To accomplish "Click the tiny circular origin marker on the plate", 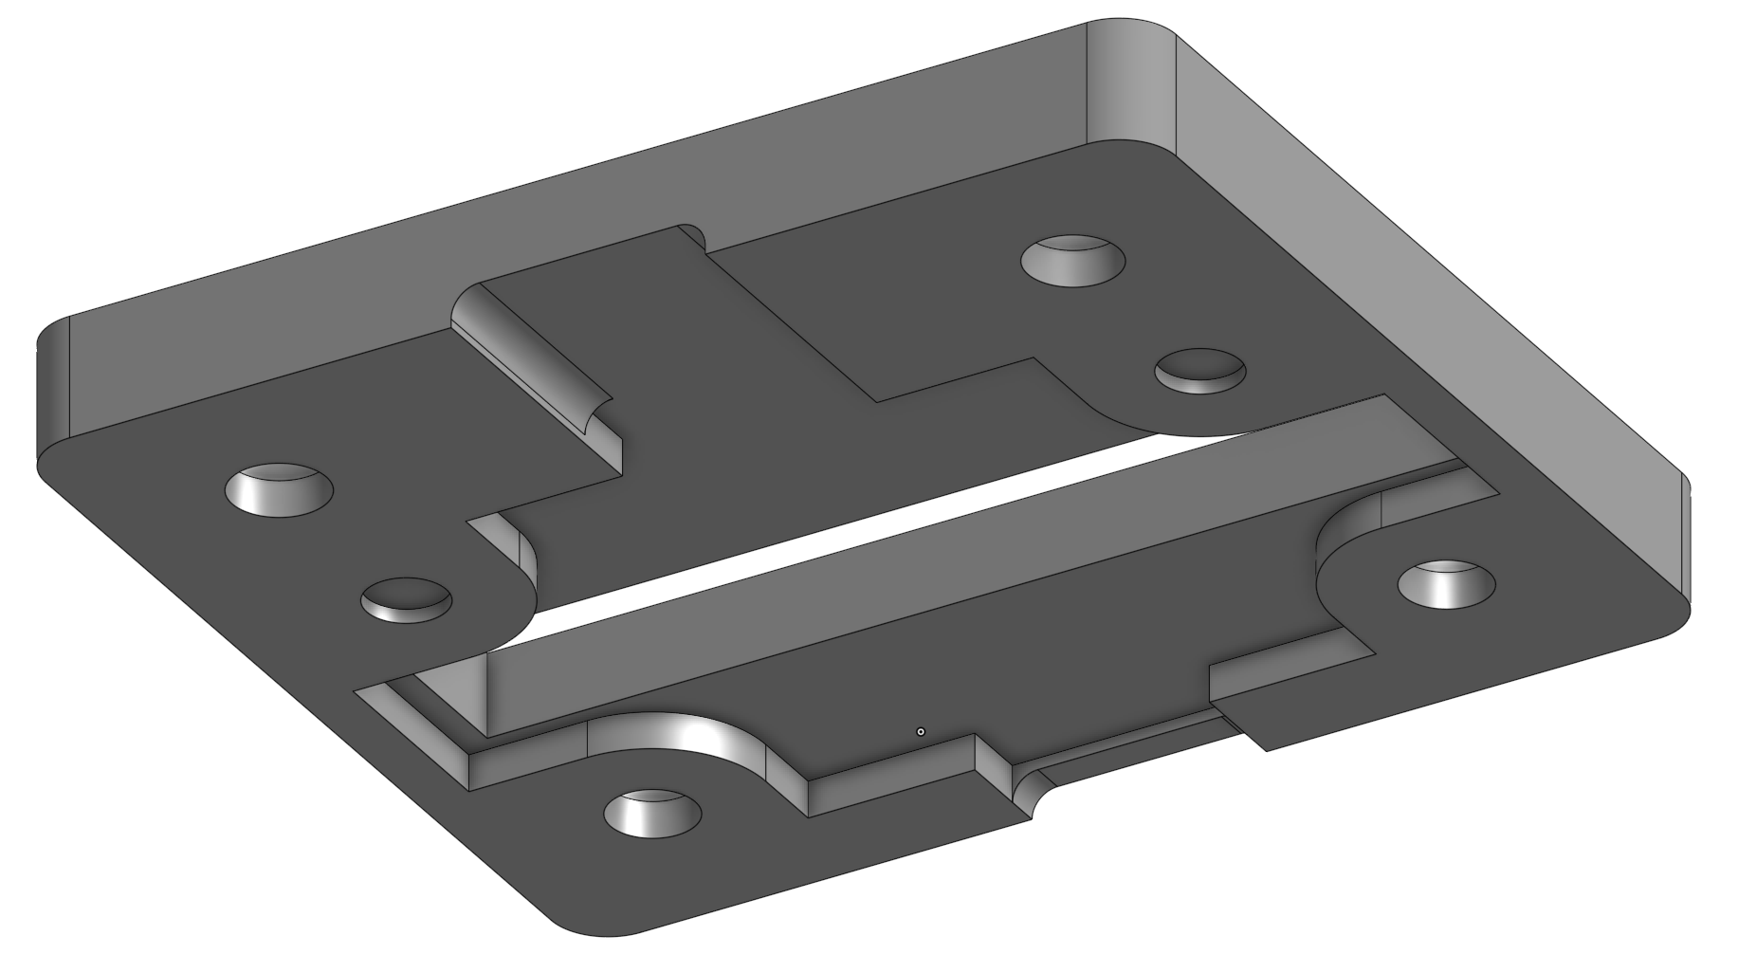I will click(x=920, y=731).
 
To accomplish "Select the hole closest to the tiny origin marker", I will click(x=652, y=813).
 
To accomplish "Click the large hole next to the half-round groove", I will click(x=279, y=489).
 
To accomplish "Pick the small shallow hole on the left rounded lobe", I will click(x=407, y=599).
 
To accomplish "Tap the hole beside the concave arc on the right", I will click(x=1446, y=583).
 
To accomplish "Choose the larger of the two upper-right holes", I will click(x=1072, y=258).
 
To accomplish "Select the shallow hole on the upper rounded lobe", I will click(x=1199, y=370).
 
